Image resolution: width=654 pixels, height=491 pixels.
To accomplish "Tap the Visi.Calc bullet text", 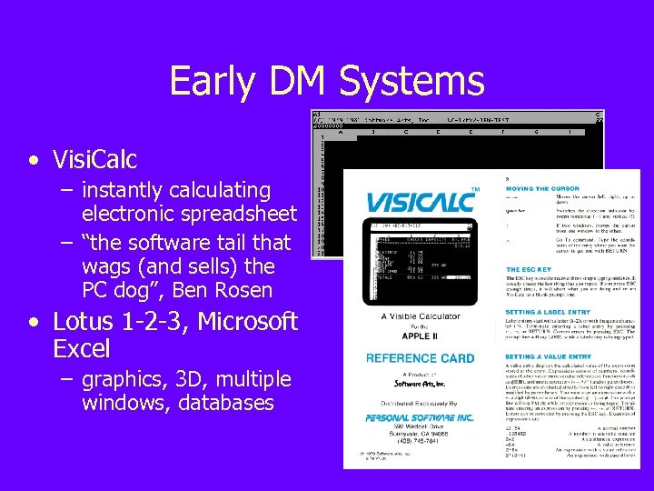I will [x=94, y=160].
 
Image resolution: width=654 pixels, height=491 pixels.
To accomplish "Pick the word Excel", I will [x=82, y=348].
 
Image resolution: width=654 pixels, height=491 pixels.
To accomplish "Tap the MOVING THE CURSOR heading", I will [x=548, y=188].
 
